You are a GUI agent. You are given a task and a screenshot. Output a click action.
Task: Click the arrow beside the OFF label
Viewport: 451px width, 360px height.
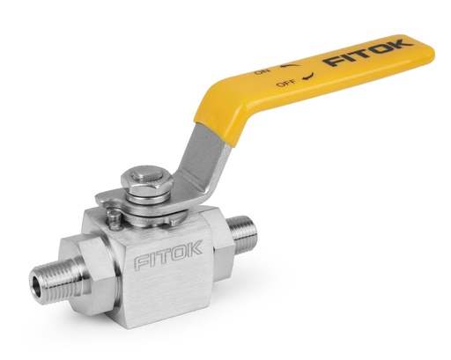click(308, 78)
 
